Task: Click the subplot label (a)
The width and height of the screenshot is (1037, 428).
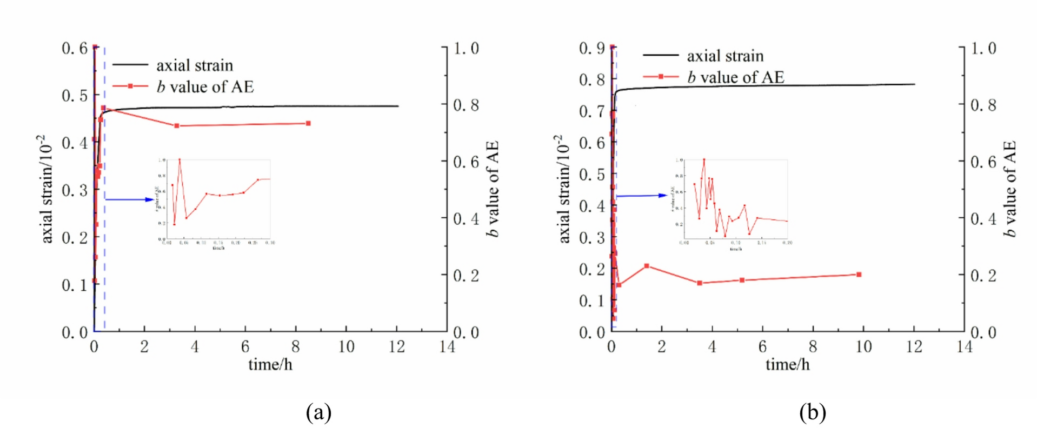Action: point(318,413)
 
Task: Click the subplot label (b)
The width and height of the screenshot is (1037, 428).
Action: point(812,413)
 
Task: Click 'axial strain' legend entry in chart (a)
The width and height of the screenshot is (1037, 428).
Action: point(194,65)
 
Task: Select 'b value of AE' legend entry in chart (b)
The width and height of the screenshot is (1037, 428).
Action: point(735,77)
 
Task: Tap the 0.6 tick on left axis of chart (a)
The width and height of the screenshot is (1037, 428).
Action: point(75,49)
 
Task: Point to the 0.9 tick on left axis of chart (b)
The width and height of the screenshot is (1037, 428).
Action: point(592,49)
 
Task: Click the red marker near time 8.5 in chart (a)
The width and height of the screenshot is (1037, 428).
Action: point(308,124)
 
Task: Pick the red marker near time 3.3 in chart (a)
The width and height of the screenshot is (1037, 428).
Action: point(177,126)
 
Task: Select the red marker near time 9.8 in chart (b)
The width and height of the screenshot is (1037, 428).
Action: point(859,275)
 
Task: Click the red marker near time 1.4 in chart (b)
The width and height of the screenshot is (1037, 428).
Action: point(647,266)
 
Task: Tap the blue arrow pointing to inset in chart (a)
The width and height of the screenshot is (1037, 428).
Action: point(130,199)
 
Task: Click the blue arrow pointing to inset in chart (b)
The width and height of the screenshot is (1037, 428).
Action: point(642,196)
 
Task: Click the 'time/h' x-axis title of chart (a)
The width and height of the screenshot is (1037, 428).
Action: point(270,365)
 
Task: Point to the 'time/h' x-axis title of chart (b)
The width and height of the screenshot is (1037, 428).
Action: point(787,365)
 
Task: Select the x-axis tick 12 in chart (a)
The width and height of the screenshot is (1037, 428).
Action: point(397,347)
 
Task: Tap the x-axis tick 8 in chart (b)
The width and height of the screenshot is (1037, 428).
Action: point(813,347)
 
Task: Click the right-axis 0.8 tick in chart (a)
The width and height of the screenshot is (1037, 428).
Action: point(466,105)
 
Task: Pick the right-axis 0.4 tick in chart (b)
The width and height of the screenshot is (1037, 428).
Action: point(983,219)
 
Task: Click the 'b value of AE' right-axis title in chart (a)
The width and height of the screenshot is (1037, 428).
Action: point(491,189)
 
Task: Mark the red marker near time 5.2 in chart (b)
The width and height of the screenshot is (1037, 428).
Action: point(742,280)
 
